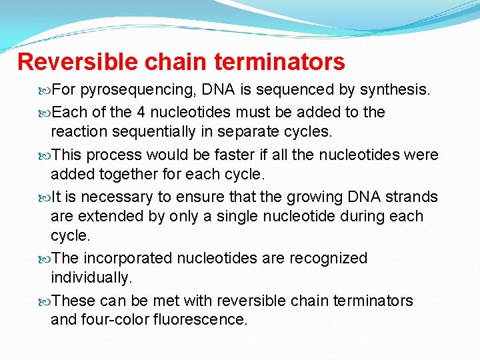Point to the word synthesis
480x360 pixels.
[x=393, y=89]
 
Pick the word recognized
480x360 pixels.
[x=327, y=259]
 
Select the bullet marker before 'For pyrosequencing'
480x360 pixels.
[x=45, y=89]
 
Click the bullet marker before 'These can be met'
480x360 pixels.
[x=45, y=301]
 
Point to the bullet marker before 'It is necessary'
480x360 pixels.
[x=45, y=197]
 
